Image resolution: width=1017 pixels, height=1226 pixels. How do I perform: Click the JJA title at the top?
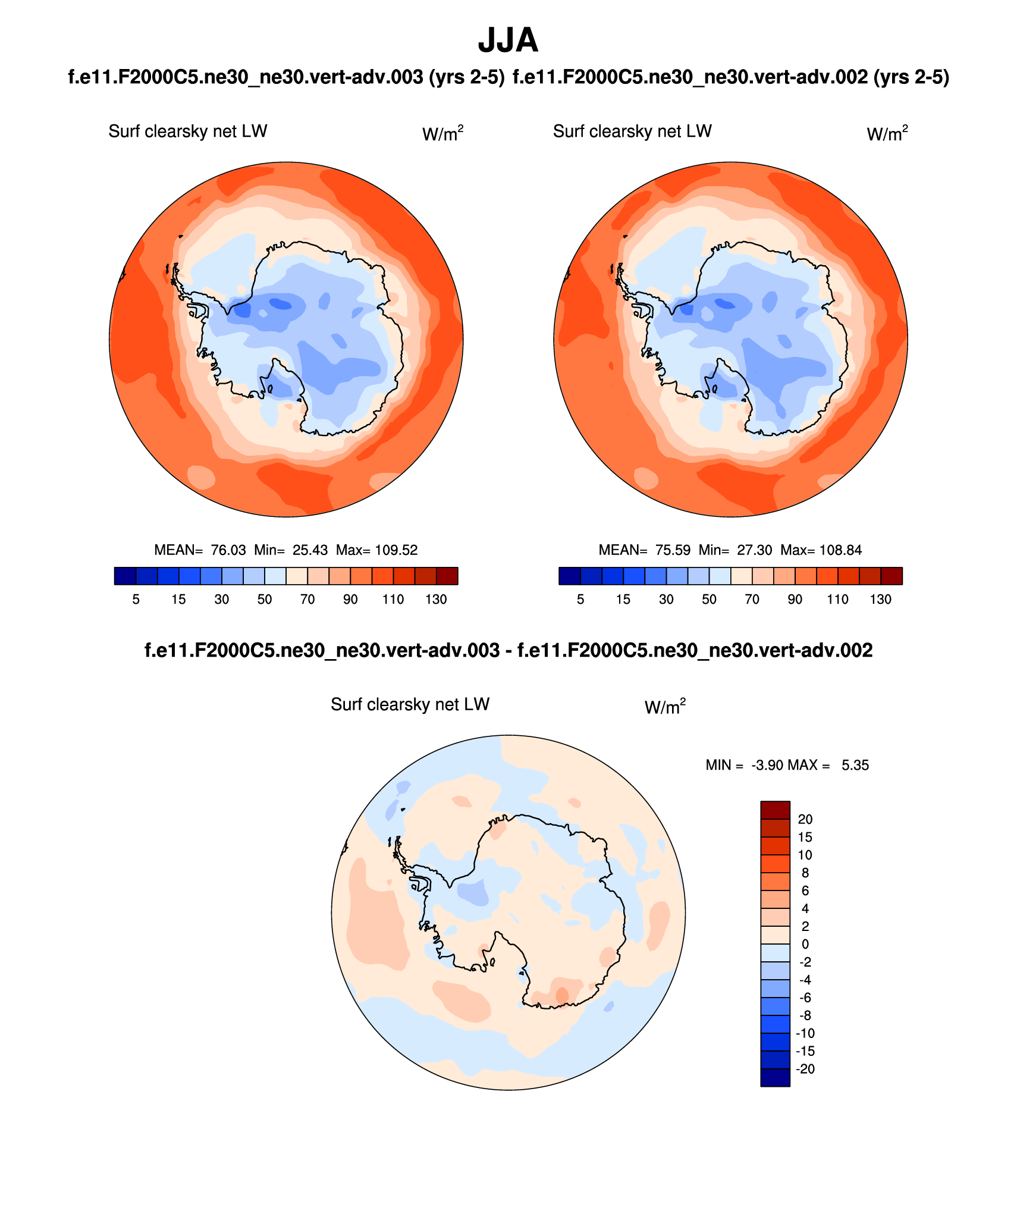point(508,40)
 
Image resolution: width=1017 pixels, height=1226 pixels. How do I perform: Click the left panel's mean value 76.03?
point(228,550)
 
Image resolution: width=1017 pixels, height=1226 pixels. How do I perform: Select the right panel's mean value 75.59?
point(673,550)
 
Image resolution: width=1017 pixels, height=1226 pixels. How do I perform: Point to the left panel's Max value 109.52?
point(396,550)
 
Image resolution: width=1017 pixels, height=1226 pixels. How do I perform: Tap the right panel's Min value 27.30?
point(754,550)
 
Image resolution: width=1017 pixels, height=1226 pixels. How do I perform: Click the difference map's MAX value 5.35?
point(855,766)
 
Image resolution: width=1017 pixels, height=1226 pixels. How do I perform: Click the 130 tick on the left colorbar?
point(436,600)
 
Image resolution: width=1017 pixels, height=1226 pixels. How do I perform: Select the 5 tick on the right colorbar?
point(580,600)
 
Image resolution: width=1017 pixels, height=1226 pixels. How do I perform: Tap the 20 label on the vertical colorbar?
point(805,819)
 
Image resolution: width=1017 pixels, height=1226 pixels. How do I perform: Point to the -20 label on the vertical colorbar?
point(805,1069)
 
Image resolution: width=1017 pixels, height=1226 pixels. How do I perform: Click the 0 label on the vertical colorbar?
point(805,944)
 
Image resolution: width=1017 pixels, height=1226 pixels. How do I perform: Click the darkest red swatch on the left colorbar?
point(447,576)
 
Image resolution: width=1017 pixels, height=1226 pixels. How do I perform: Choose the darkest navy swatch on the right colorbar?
point(570,576)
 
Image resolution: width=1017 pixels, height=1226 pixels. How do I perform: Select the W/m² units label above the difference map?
point(665,707)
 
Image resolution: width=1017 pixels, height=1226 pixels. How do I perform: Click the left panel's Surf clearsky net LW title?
point(188,131)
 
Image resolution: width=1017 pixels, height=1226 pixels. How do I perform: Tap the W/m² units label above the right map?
point(887,134)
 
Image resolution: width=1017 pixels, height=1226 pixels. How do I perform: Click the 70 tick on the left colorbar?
point(307,600)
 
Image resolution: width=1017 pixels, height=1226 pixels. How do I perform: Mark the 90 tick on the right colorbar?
point(795,600)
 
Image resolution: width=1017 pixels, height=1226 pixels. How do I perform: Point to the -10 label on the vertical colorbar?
point(805,1033)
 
